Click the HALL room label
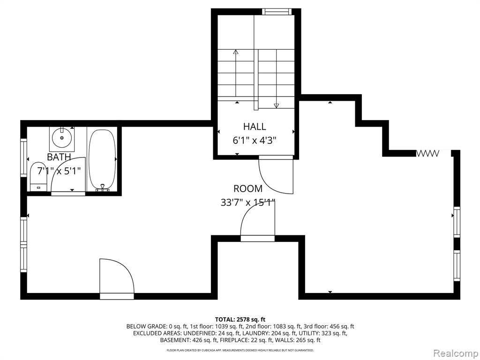coord(255,127)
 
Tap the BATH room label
coord(59,157)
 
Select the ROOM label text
coord(248,188)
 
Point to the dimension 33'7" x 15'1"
coord(248,202)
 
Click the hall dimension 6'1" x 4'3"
coord(255,141)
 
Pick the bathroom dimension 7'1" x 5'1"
coord(59,171)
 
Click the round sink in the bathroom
coord(62,138)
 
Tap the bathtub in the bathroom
coord(102,159)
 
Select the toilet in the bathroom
coord(38,177)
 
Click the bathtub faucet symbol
coord(103,187)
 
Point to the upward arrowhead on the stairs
coord(235,52)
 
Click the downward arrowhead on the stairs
coord(277,105)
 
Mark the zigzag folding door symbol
coord(427,153)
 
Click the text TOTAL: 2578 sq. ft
coord(240,320)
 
